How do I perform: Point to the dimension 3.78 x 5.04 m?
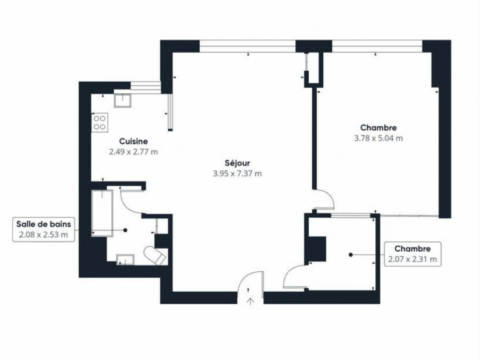pos(378,138)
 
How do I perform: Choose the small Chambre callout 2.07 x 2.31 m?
pos(412,254)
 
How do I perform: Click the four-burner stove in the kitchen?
pos(99,123)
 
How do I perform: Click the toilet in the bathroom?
pos(156,254)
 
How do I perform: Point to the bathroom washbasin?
pos(125,260)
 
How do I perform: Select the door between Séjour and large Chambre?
pos(324,199)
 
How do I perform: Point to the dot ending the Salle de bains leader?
pos(125,230)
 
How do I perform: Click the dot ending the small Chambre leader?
pos(351,255)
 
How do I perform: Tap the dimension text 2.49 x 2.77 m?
pos(133,152)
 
